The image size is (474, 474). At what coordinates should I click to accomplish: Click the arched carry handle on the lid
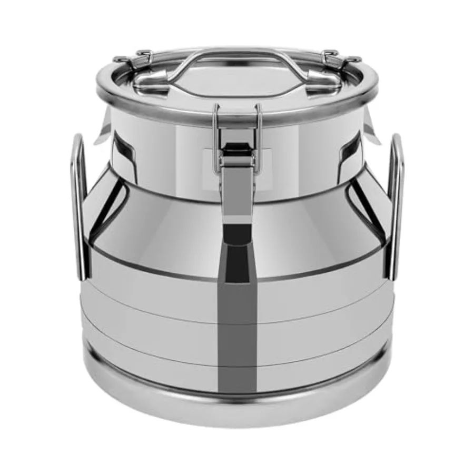tap(237, 53)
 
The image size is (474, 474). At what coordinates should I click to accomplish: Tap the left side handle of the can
tap(79, 205)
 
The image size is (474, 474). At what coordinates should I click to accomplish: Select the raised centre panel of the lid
tap(237, 84)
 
